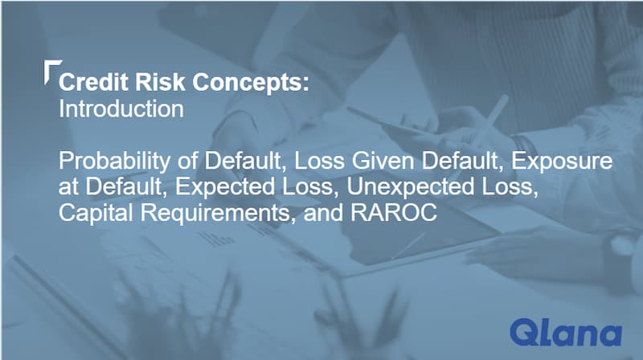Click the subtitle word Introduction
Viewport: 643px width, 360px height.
121,108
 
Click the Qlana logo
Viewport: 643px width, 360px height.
566,332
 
